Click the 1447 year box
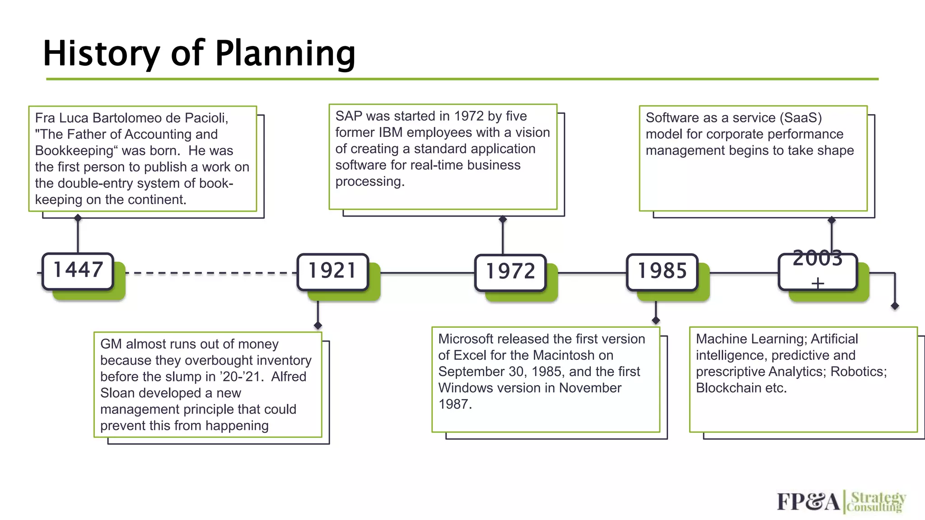click(78, 271)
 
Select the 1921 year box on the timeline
click(332, 271)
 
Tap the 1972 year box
click(510, 272)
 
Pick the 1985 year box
click(662, 271)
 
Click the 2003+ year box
click(818, 271)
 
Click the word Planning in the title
click(285, 54)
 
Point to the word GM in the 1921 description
click(111, 344)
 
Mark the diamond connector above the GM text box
click(318, 325)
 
